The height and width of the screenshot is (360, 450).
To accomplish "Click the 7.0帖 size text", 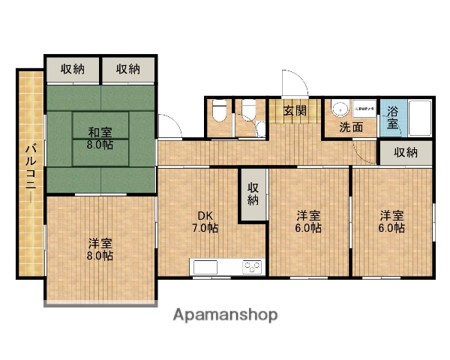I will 204,227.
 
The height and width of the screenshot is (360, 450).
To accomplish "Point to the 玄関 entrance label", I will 295,112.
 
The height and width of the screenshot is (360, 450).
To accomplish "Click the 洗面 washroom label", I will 350,127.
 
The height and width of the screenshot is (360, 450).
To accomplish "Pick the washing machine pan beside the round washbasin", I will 364,109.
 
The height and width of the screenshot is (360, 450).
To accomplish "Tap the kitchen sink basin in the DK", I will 206,265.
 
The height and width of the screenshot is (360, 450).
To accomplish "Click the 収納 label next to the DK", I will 253,194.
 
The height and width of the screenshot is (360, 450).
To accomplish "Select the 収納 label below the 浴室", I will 406,152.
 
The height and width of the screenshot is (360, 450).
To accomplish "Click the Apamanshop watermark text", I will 225,315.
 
